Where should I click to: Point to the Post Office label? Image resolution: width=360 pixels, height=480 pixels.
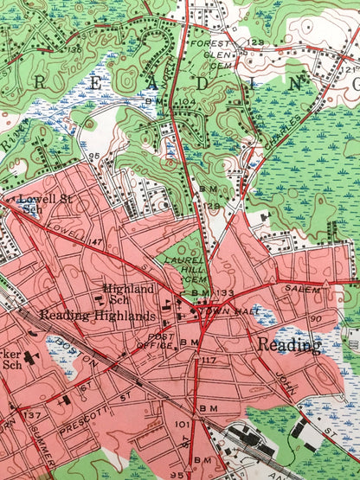163,340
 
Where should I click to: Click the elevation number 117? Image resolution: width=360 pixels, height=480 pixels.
208,360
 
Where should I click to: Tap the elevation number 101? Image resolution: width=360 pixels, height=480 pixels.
181,425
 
